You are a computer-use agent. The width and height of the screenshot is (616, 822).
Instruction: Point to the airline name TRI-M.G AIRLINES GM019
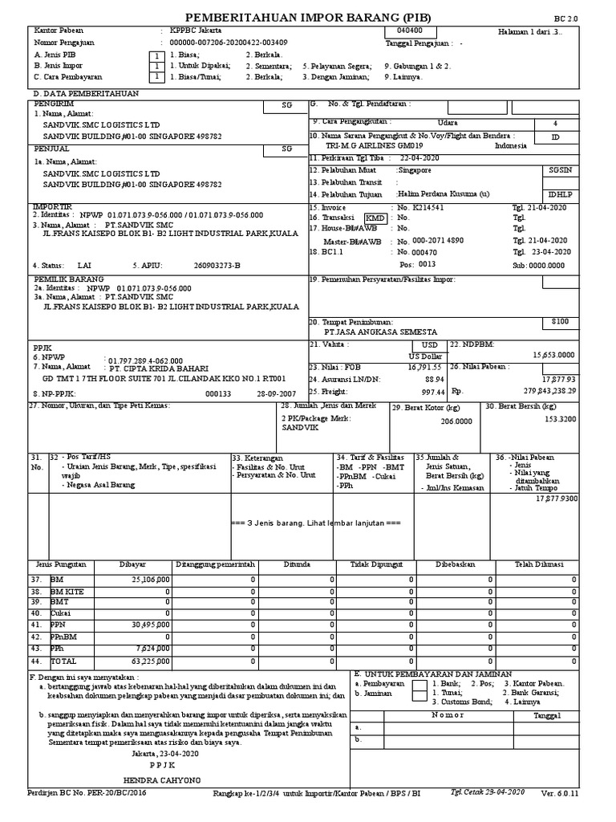tap(374, 145)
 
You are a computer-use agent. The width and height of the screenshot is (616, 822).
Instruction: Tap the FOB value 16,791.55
tap(424, 366)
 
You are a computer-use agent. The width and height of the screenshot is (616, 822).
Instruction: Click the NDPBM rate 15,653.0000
tap(553, 354)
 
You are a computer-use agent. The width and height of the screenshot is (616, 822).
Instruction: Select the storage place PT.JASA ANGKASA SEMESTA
tap(380, 332)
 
